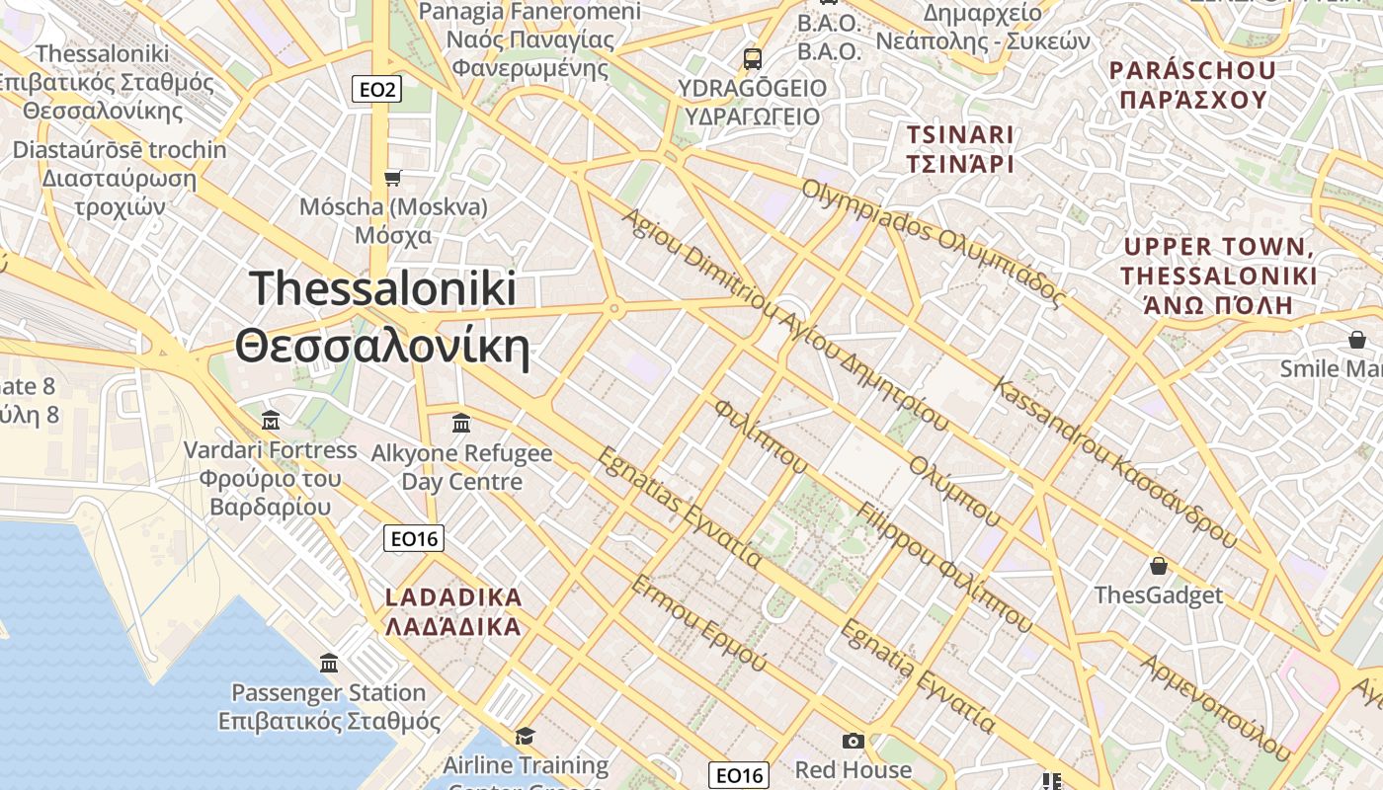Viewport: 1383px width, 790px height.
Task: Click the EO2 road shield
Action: click(377, 90)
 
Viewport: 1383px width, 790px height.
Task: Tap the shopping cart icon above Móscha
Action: click(393, 178)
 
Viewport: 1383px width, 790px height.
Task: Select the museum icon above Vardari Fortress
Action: click(271, 421)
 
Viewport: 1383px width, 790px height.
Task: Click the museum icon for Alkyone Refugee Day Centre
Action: click(460, 424)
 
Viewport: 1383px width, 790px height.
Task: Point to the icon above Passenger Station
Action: click(329, 663)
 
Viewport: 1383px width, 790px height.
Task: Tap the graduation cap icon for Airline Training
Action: click(525, 736)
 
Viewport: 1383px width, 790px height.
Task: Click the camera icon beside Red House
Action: click(853, 741)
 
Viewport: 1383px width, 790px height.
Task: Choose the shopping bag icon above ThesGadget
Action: click(1158, 566)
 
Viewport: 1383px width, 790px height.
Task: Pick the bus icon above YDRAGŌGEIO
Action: click(753, 58)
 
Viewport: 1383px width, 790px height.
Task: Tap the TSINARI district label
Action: click(960, 149)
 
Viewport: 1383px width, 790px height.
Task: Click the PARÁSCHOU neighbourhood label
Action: click(1192, 85)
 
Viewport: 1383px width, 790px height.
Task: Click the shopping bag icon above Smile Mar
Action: click(1357, 340)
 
